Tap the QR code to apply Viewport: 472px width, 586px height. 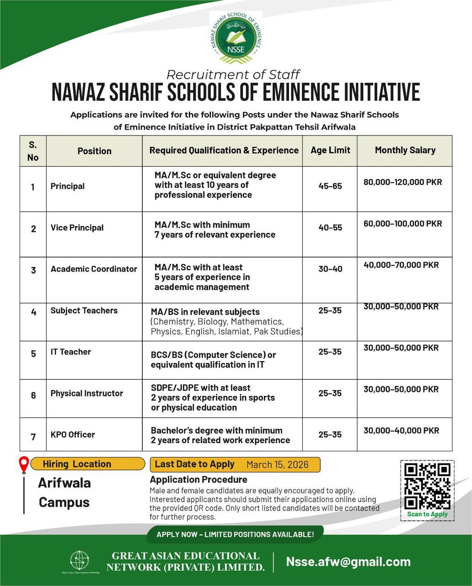point(428,486)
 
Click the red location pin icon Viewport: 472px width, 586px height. point(24,465)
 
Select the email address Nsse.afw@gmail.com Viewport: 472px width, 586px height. point(348,562)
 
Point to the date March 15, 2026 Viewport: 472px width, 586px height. point(277,465)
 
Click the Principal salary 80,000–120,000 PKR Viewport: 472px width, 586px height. point(402,182)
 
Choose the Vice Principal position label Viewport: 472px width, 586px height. point(77,228)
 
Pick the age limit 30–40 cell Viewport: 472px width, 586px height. point(330,269)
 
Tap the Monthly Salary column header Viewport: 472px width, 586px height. point(405,150)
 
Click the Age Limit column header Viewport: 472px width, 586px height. point(330,150)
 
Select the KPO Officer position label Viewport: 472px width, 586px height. point(73,434)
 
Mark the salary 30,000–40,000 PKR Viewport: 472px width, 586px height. point(401,430)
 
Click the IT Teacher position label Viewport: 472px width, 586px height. point(70,352)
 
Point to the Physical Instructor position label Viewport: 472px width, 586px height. point(86,393)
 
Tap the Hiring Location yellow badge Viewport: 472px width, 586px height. point(76,464)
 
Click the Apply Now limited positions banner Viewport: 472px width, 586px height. point(235,534)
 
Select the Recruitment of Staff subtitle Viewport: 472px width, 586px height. point(233,74)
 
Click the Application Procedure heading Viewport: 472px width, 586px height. point(198,479)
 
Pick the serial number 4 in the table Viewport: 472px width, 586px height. point(33,312)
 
